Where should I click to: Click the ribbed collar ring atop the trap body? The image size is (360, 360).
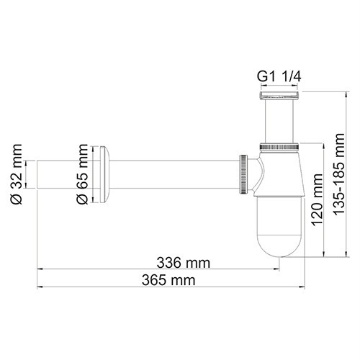(278, 147)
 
